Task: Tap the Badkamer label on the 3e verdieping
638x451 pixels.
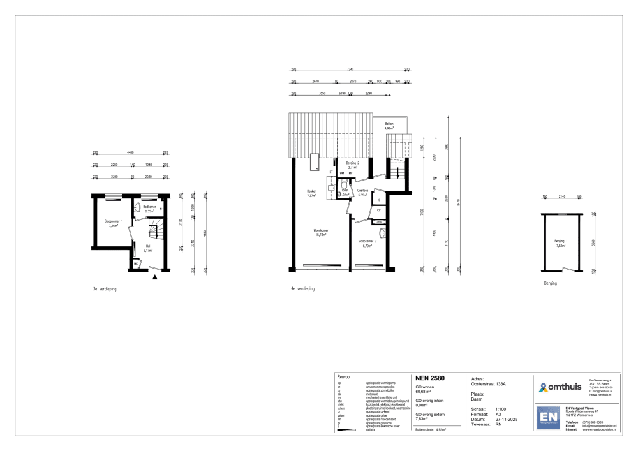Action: coord(150,207)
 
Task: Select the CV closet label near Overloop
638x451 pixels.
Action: coord(378,210)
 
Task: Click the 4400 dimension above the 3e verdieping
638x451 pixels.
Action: coord(130,152)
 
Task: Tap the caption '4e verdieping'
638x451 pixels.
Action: coord(302,288)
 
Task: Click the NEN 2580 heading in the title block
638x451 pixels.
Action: coord(430,378)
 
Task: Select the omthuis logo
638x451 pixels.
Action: coord(558,387)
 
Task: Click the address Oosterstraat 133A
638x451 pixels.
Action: coord(488,384)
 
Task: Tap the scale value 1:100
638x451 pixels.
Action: coord(501,409)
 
